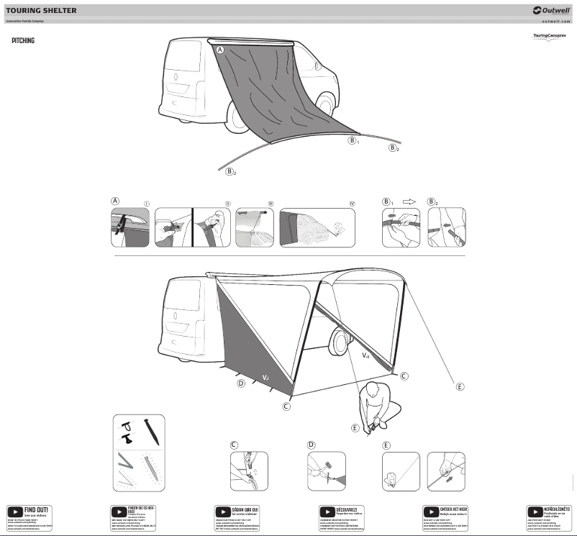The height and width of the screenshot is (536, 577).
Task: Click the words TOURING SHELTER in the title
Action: point(41,11)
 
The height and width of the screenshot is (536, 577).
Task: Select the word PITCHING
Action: point(23,41)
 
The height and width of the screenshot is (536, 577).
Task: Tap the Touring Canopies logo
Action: point(549,36)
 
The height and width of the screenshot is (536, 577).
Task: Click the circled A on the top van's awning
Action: point(220,49)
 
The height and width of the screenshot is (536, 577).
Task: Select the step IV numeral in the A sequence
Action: point(352,204)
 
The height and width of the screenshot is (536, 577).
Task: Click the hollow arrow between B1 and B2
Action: point(409,202)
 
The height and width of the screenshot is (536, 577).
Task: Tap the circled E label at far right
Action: point(460,386)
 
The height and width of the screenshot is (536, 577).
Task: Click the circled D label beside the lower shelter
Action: point(241,383)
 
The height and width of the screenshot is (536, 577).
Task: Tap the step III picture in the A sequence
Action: point(255,227)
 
